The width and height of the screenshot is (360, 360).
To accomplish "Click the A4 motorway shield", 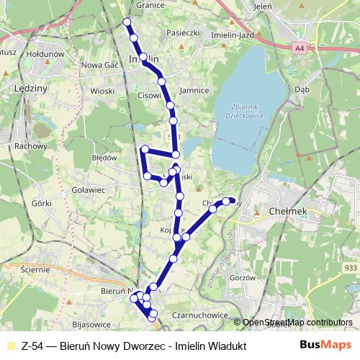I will (300, 48).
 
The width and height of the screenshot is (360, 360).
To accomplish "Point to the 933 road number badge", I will (350, 267).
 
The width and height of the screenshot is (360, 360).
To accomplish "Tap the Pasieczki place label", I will (183, 32).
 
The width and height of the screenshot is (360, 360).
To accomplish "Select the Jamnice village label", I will (194, 91).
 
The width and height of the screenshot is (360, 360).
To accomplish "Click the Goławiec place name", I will (89, 190).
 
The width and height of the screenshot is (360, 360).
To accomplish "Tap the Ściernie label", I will (35, 269).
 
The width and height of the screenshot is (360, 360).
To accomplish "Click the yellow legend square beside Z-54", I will (9, 345).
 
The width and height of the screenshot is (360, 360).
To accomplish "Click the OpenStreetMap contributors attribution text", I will (297, 323).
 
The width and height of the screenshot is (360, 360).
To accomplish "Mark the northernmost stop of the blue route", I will (127, 22).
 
